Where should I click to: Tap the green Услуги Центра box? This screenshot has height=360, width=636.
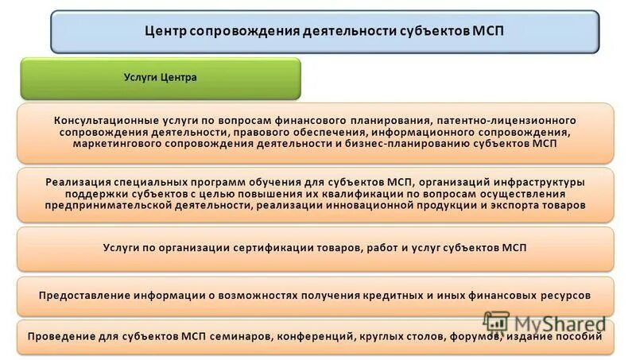pos(160,78)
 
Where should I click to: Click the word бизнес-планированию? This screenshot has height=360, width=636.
pos(425,145)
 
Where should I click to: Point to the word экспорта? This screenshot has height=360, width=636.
pos(523,205)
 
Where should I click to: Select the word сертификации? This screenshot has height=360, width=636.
pos(270,248)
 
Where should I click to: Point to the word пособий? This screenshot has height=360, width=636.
pos(586,336)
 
